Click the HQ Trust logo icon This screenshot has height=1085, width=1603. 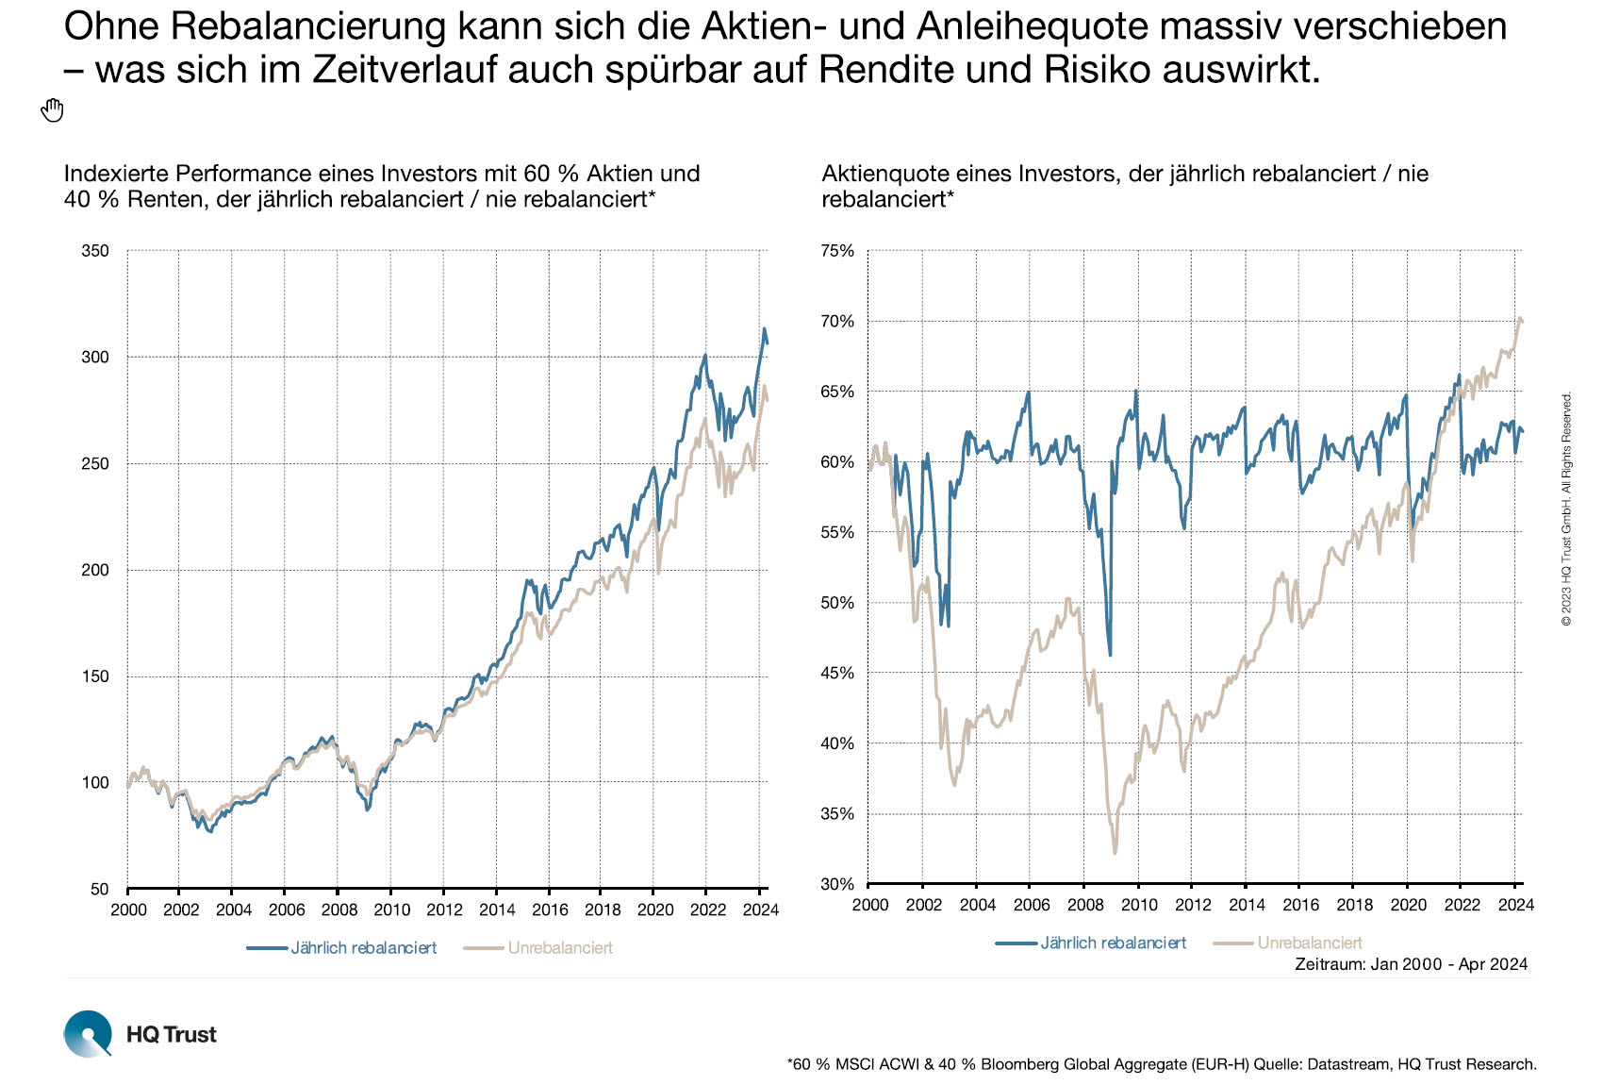[x=88, y=1033]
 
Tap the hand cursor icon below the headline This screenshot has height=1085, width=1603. [x=52, y=110]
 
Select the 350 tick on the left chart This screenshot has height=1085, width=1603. [x=96, y=251]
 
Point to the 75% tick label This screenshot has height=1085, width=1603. [x=837, y=251]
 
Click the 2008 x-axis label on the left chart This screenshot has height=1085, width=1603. [x=339, y=910]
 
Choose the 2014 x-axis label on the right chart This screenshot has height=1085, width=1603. [x=1247, y=905]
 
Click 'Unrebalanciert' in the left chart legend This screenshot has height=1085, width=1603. [x=560, y=948]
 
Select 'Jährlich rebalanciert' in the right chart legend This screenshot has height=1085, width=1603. [x=1113, y=943]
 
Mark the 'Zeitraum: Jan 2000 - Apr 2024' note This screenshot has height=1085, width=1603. [x=1411, y=964]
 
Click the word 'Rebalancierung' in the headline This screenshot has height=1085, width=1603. [x=308, y=26]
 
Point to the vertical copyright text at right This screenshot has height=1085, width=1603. [x=1567, y=509]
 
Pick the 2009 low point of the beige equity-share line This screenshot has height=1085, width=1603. [x=1115, y=853]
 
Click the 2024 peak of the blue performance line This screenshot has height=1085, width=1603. [x=765, y=329]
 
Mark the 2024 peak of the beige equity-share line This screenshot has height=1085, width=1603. [x=1519, y=319]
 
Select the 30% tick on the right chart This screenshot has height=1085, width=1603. [x=837, y=884]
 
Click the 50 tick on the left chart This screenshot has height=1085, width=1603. [x=100, y=889]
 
